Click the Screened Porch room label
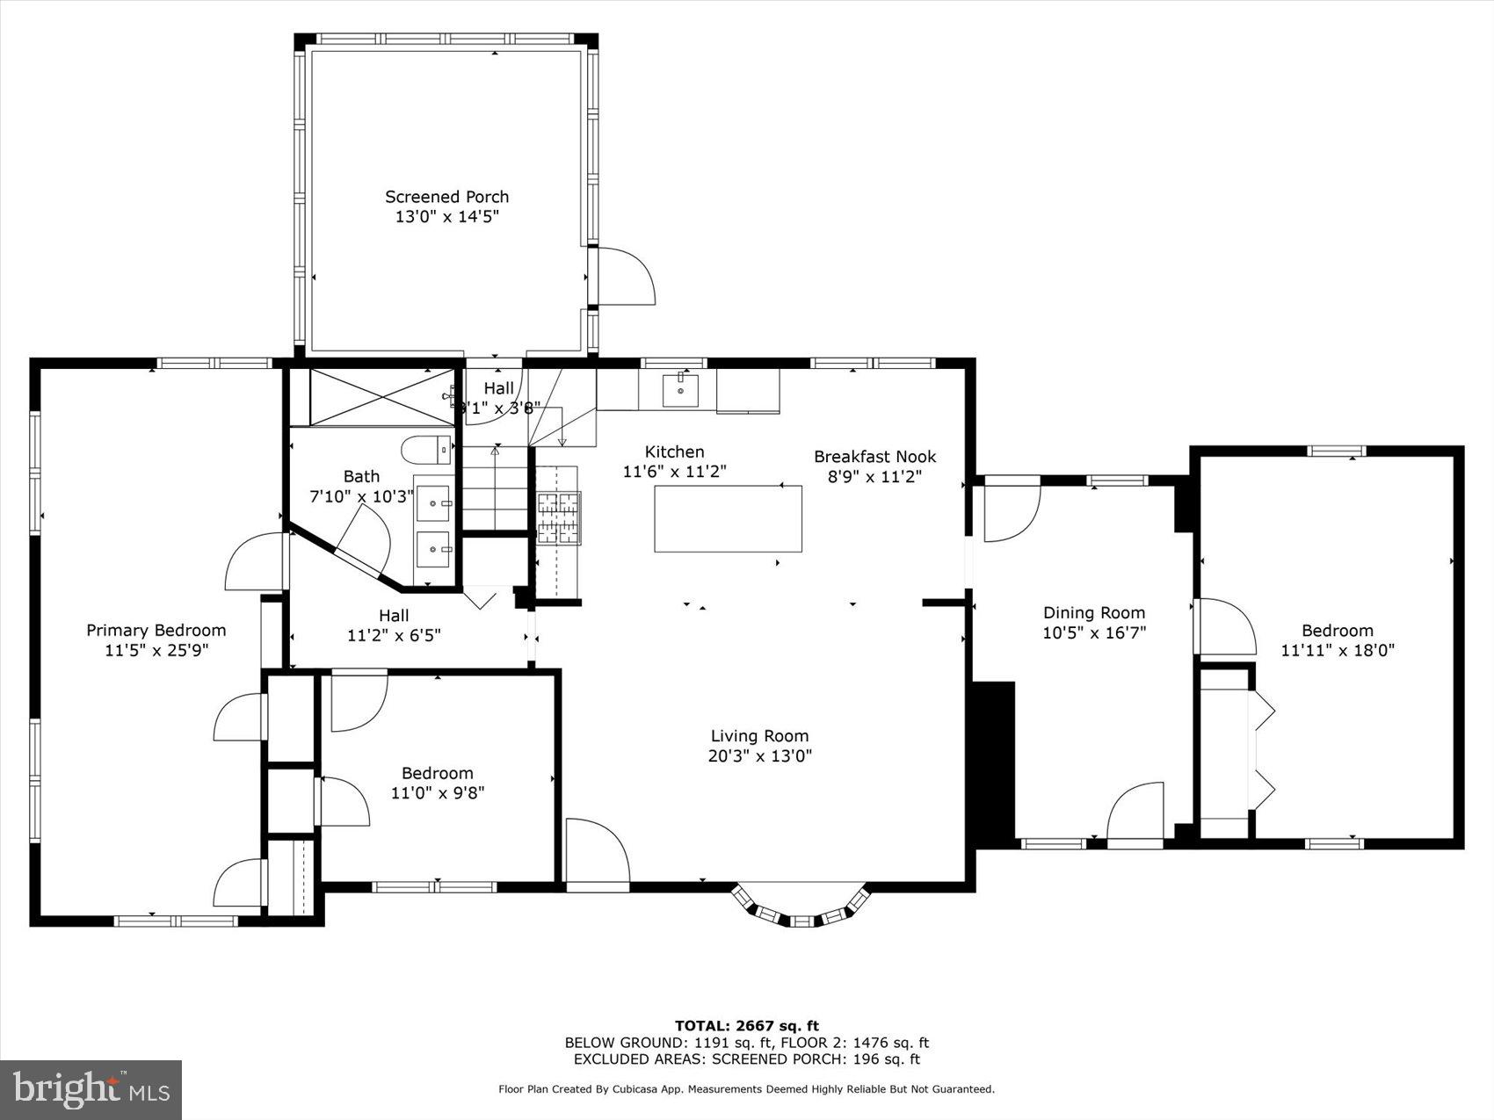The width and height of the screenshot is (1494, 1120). pyautogui.click(x=446, y=197)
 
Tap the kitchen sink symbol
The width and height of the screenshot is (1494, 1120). pyautogui.click(x=680, y=390)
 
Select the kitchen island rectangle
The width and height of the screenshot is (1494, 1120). pyautogui.click(x=728, y=518)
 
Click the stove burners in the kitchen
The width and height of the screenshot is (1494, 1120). pyautogui.click(x=559, y=518)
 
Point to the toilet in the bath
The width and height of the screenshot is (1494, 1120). pyautogui.click(x=427, y=451)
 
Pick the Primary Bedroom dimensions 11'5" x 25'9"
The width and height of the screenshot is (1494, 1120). pyautogui.click(x=156, y=650)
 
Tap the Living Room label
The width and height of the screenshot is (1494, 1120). pyautogui.click(x=759, y=736)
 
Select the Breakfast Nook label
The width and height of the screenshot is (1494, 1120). pyautogui.click(x=874, y=457)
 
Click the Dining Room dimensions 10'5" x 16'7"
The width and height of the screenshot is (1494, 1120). pyautogui.click(x=1094, y=632)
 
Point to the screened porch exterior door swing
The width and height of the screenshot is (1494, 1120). pyautogui.click(x=626, y=277)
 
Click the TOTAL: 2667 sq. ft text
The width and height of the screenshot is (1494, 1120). pyautogui.click(x=746, y=1025)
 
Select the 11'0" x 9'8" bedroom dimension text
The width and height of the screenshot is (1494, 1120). pyautogui.click(x=438, y=792)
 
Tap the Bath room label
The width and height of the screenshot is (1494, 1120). pyautogui.click(x=361, y=476)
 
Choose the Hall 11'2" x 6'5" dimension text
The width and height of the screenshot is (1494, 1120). pyautogui.click(x=394, y=634)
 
